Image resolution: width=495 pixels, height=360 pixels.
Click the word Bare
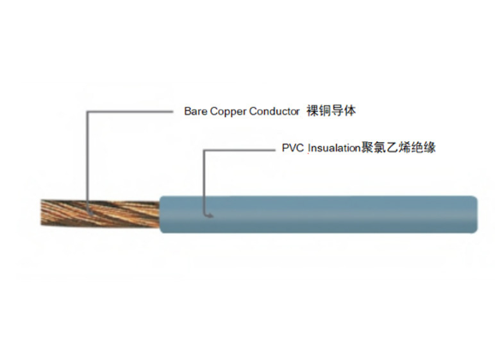click(196, 111)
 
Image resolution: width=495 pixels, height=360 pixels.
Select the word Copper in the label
click(228, 112)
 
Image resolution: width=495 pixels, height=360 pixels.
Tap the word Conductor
click(274, 111)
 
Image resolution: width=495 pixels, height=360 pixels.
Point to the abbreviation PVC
click(292, 148)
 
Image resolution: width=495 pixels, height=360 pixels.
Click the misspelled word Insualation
click(334, 148)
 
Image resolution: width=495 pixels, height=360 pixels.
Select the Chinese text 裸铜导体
click(331, 111)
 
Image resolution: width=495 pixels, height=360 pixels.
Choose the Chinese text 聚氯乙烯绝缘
click(398, 147)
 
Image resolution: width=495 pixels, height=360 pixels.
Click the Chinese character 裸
click(313, 111)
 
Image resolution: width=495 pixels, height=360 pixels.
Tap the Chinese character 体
click(350, 111)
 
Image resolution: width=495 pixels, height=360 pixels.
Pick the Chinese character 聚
click(367, 147)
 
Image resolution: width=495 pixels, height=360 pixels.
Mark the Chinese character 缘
click(430, 147)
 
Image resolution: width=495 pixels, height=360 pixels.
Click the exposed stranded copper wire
click(100, 214)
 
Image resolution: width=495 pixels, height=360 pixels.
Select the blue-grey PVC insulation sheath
click(318, 215)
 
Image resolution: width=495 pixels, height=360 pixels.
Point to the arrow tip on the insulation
click(212, 216)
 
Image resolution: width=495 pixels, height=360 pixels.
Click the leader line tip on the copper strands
click(91, 214)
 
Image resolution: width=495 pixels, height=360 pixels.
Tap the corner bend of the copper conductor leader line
click(87, 111)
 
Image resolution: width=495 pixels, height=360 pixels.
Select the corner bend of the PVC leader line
click(204, 150)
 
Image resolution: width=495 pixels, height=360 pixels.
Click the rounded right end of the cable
click(475, 215)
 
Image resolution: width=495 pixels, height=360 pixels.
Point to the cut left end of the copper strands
click(41, 213)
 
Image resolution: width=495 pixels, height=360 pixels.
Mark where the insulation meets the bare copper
click(160, 215)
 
